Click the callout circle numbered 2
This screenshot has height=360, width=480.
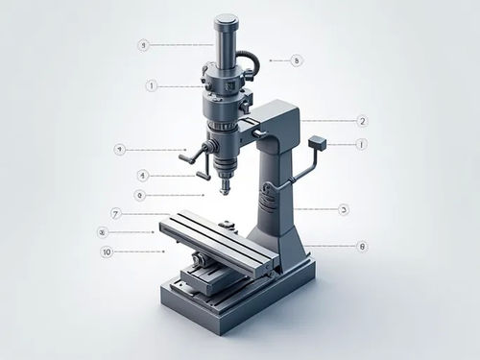click(362, 121)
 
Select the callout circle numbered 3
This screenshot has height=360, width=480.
click(344, 208)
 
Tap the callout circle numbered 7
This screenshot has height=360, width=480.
click(115, 213)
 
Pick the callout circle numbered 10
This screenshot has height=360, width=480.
click(107, 252)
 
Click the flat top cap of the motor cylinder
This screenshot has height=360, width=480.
click(227, 18)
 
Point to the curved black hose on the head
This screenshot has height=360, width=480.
click(252, 62)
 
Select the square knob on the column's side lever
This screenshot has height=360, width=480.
click(320, 144)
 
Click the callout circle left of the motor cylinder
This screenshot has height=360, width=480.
click(143, 45)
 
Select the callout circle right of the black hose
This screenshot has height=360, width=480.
click(297, 60)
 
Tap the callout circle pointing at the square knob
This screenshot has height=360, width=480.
click(361, 144)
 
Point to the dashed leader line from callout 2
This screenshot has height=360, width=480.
click(326, 121)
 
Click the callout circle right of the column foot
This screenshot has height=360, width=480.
click(362, 246)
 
